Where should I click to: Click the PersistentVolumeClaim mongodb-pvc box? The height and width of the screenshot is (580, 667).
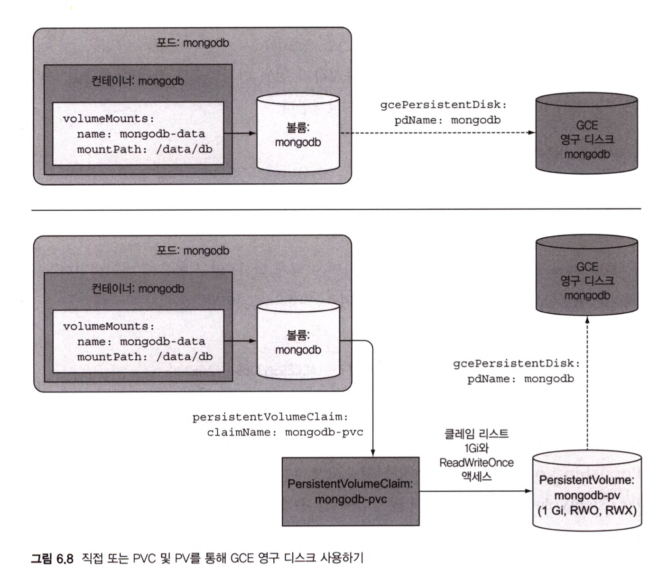tap(351, 491)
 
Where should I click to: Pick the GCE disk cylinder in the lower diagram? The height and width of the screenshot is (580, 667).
tap(586, 275)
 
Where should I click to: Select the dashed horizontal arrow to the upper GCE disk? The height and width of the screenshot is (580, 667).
tap(436, 133)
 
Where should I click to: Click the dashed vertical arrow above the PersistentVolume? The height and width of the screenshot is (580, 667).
tap(587, 384)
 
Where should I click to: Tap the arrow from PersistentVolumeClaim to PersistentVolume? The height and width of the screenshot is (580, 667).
tap(474, 491)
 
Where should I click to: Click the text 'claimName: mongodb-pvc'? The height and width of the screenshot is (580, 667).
tap(285, 432)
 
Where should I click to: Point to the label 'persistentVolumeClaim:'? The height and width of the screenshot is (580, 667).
tap(270, 417)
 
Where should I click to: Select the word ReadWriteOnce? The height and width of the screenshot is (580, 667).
tap(476, 462)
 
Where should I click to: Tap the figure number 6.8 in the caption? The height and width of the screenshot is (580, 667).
tap(65, 558)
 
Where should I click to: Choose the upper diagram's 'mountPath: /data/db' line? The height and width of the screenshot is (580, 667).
tap(145, 150)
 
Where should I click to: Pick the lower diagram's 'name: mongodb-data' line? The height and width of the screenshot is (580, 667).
tap(141, 342)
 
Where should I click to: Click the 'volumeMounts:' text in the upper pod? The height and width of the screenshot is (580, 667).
tap(109, 118)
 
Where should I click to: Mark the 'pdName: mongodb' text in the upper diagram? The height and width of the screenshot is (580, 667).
tap(447, 120)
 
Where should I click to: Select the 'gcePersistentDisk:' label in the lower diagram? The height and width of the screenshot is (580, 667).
tap(517, 364)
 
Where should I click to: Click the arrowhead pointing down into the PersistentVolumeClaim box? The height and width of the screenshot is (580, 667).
tap(373, 453)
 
